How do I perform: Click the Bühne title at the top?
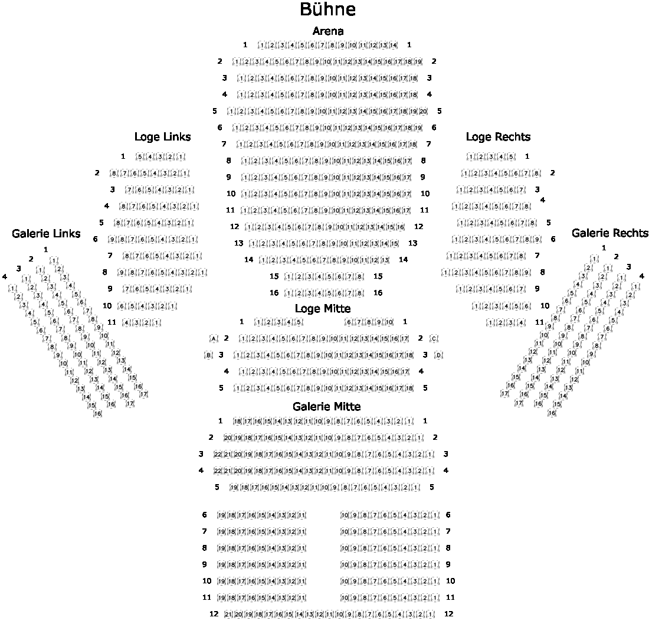(327, 10)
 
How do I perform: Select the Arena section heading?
(328, 31)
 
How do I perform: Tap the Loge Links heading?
(163, 137)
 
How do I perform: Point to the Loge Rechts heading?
(498, 137)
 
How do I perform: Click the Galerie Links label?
(46, 234)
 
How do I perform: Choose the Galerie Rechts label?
(609, 233)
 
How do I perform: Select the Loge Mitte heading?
(323, 309)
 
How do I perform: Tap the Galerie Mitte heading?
(326, 407)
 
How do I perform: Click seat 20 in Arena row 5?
(422, 111)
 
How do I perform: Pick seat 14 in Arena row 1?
(393, 45)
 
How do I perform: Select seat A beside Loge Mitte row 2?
(214, 339)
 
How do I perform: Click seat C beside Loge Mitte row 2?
(434, 339)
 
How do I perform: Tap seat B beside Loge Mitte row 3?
(208, 355)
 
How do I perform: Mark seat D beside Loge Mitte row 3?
(438, 355)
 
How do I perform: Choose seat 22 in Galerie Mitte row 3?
(217, 454)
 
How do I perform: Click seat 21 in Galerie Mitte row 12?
(228, 615)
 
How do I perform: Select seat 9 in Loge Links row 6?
(112, 240)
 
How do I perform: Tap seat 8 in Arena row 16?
(359, 293)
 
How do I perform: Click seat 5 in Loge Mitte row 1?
(299, 322)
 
